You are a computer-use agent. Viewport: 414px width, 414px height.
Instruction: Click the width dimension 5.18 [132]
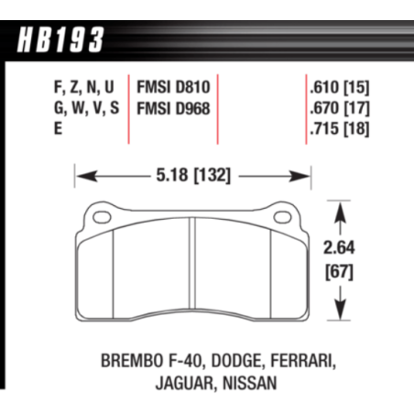192,171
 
